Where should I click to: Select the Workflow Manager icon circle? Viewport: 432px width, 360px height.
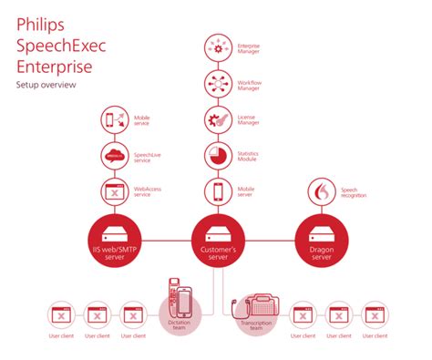pos(219,82)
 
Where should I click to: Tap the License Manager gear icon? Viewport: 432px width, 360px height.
pos(219,118)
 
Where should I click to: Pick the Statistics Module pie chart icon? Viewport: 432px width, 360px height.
pos(219,155)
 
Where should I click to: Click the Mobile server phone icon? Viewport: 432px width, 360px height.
pos(219,191)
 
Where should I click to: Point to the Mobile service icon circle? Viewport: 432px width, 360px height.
pos(116,119)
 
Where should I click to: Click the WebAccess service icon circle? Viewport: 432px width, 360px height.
pos(116,191)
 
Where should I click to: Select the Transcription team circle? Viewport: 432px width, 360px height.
pos(258,309)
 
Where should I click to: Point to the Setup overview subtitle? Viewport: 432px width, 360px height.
pos(46,84)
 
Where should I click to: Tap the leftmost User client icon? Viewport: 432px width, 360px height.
pos(59,315)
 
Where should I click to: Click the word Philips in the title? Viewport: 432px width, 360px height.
pos(35,23)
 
